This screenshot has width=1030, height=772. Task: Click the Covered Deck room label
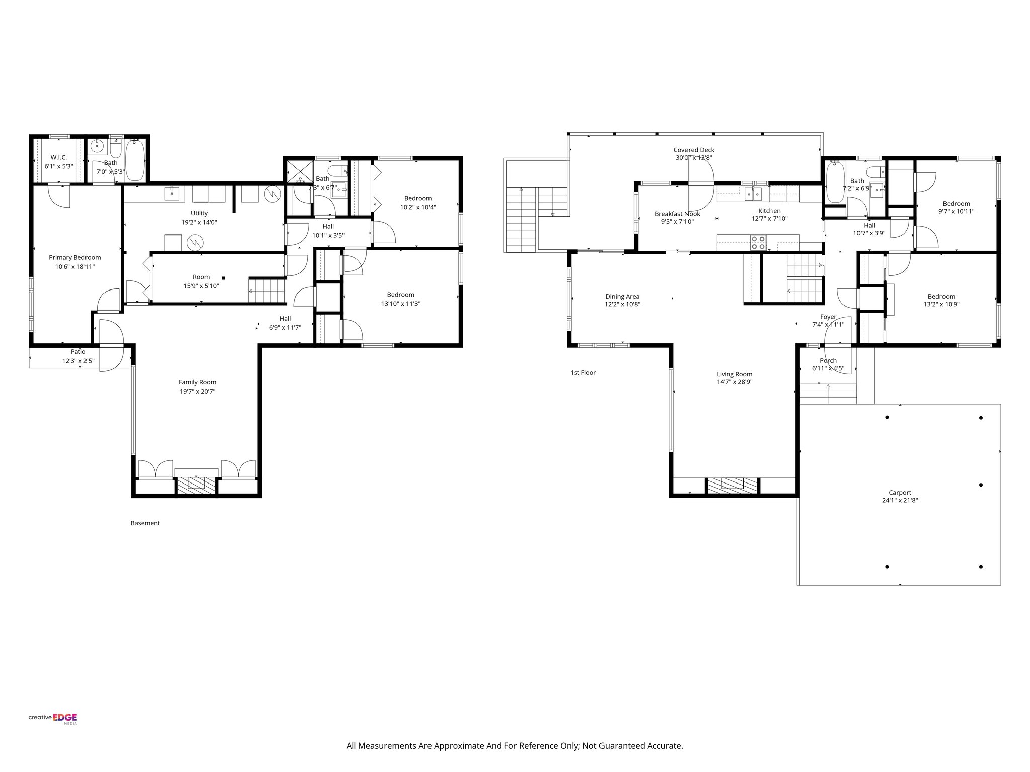694,150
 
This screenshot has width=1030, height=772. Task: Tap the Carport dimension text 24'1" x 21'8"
900,500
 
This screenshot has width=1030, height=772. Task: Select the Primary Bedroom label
74,258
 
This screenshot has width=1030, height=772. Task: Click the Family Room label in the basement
197,382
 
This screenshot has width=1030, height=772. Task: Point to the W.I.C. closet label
58,157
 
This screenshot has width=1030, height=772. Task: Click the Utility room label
199,213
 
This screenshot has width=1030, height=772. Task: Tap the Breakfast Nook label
677,214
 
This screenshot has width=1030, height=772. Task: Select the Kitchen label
769,211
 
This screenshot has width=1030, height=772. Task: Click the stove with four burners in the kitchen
758,242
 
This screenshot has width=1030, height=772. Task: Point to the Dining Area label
622,297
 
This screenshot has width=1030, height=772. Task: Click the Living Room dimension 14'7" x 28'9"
734,382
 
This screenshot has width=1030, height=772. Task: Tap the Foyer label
828,317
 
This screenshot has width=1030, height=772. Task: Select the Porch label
828,360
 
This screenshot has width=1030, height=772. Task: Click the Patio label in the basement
78,352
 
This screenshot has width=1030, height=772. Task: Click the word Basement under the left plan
145,523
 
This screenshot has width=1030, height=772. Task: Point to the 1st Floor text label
583,373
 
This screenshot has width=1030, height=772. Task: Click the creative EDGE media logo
52,718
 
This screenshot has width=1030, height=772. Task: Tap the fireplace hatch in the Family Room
197,484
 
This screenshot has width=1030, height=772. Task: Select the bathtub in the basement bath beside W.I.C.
134,160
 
